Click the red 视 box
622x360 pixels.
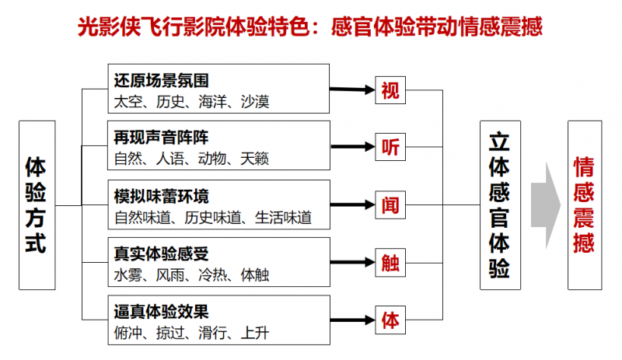click(390, 90)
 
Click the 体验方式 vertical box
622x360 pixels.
click(37, 205)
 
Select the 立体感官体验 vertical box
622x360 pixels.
click(499, 205)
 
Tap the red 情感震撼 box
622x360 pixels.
click(585, 205)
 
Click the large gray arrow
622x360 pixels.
click(546, 205)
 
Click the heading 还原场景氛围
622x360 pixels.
click(161, 80)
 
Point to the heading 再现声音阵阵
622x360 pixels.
click(161, 138)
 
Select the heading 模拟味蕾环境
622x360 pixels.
click(161, 195)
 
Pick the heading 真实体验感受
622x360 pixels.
click(161, 253)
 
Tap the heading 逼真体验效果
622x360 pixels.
click(161, 312)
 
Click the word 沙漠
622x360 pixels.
click(255, 101)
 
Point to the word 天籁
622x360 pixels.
click(255, 159)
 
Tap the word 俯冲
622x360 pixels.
click(128, 333)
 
